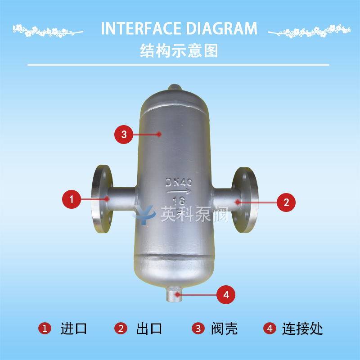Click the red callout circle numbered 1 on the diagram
(72, 199)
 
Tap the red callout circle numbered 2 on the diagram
(286, 202)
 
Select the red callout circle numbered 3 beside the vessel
(124, 135)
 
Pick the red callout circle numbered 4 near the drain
(226, 295)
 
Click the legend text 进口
(74, 328)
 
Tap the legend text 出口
(149, 328)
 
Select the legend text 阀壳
(224, 328)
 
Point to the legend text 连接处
(302, 328)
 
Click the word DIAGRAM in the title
(221, 28)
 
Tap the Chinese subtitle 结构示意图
(179, 51)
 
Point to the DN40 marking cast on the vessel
(179, 182)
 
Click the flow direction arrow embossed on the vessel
(179, 192)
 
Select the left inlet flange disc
(102, 199)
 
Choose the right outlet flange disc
(245, 200)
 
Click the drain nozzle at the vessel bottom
(174, 295)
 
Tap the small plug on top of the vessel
(175, 87)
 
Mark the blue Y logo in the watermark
(144, 215)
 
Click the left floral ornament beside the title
(48, 31)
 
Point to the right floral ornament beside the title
(309, 31)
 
